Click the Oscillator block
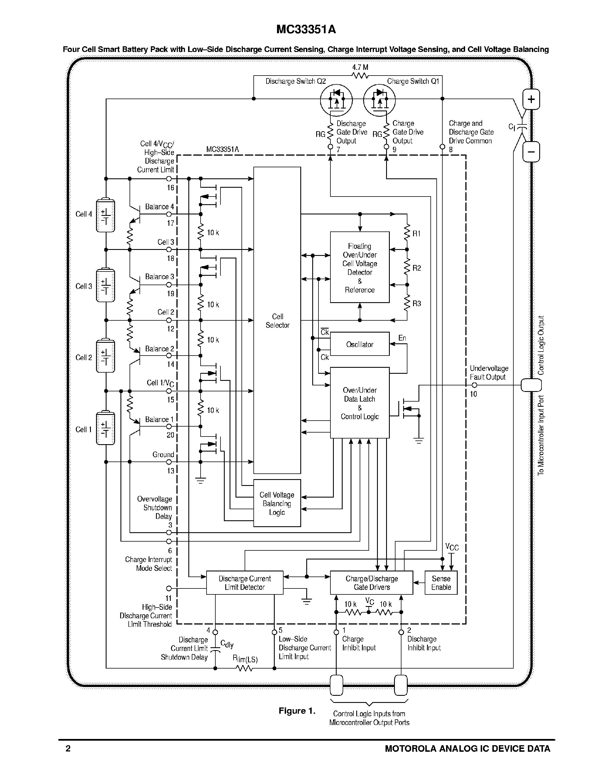pos(359,344)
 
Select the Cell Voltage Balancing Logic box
pos(277,503)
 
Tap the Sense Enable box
pos(441,582)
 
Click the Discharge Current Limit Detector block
pos(245,582)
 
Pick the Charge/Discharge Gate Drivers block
pos(371,582)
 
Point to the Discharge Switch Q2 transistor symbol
pos(336,101)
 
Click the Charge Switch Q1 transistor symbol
pos(379,101)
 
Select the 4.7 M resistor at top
pos(360,76)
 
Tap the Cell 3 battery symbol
pos(105,285)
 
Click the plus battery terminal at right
pos(531,99)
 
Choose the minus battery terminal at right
pos(531,152)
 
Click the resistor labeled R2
pos(407,268)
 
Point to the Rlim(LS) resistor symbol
pos(245,668)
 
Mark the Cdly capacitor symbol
pos(215,649)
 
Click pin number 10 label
pos(473,394)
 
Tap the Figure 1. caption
pos(297,711)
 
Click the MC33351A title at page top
pos(306,29)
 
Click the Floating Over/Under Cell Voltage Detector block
pos(359,268)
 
